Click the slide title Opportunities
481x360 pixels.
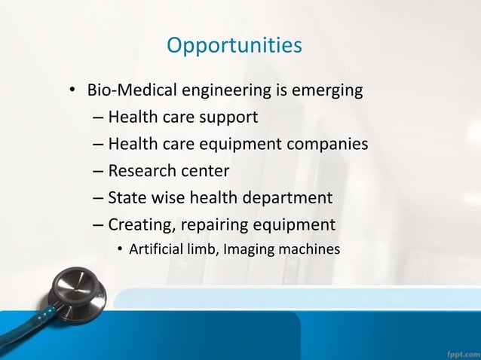234,46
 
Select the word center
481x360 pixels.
204,171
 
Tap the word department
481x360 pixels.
290,198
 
